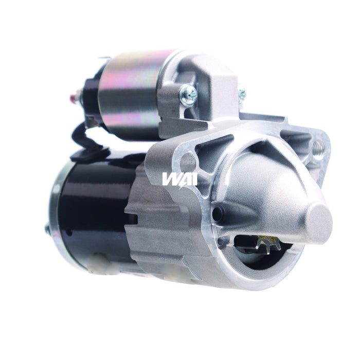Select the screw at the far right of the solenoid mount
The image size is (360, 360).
pyautogui.click(x=241, y=94)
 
